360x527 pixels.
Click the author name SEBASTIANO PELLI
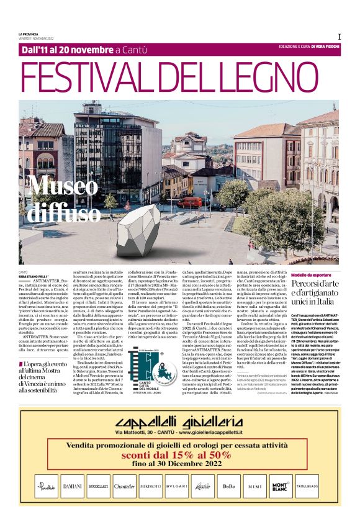coord(37,276)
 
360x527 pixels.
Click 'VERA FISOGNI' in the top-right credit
coord(325,47)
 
